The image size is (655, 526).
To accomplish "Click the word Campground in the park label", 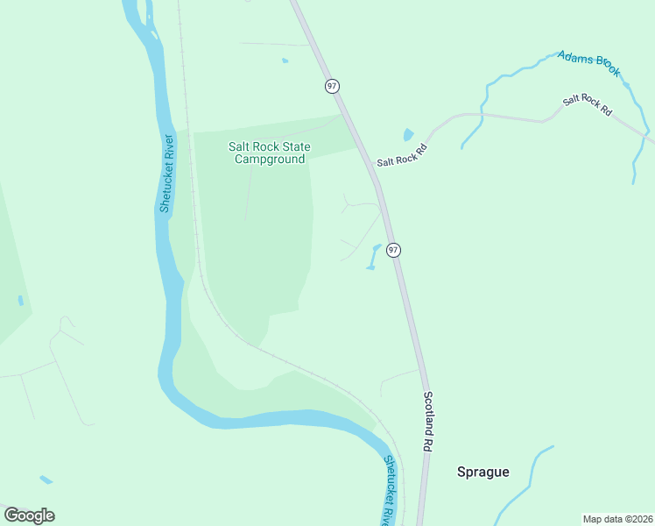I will pyautogui.click(x=269, y=160).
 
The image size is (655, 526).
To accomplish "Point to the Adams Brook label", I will pyautogui.click(x=588, y=63).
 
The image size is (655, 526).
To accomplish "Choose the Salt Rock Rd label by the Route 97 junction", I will pyautogui.click(x=401, y=156).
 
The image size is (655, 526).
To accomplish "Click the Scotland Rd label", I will pyautogui.click(x=429, y=421).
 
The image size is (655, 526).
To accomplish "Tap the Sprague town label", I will pyautogui.click(x=482, y=472).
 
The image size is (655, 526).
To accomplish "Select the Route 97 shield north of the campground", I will pyautogui.click(x=332, y=86).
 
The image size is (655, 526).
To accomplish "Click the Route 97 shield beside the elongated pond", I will pyautogui.click(x=393, y=250).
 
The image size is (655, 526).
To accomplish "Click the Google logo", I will pyautogui.click(x=29, y=515).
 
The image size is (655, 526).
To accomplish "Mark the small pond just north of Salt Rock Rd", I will pyautogui.click(x=408, y=135).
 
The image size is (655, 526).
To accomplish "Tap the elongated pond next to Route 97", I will pyautogui.click(x=374, y=256).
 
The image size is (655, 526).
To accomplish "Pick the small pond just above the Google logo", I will pyautogui.click(x=46, y=480).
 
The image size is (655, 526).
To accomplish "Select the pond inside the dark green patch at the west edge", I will pyautogui.click(x=20, y=301).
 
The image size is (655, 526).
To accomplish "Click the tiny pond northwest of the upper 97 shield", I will pyautogui.click(x=285, y=60).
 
